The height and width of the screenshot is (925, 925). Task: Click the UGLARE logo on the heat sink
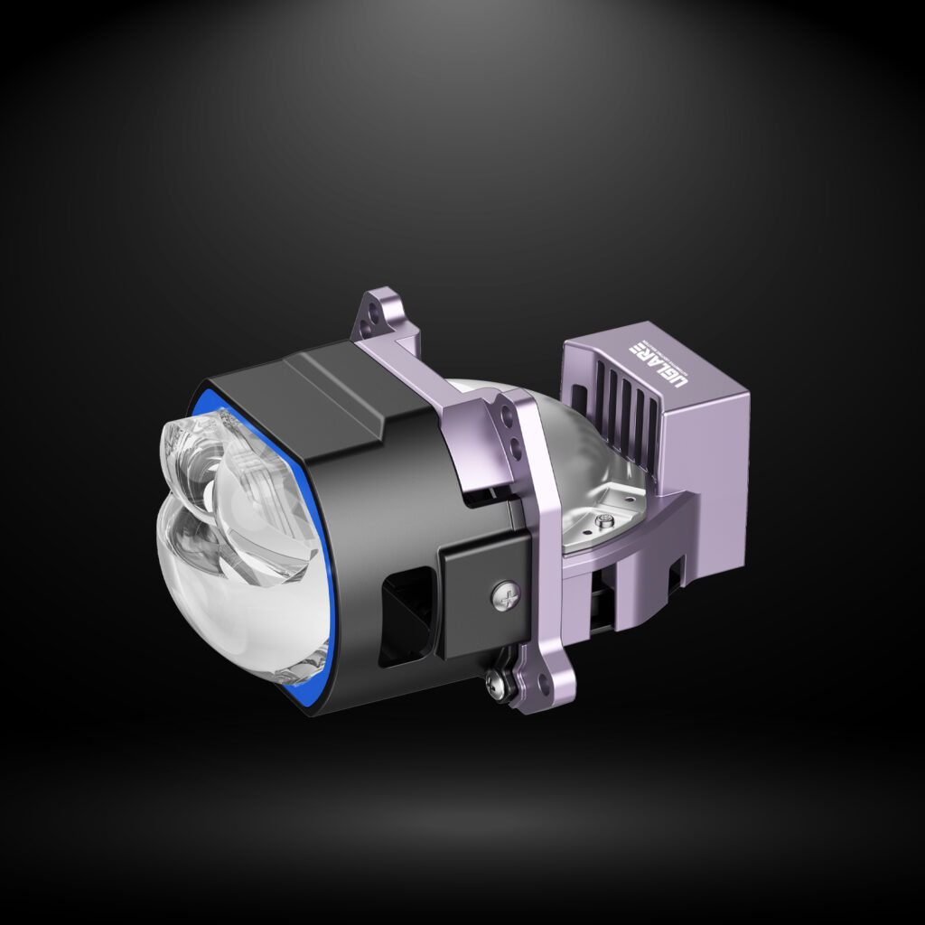click(658, 363)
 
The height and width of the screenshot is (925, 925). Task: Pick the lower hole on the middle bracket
click(515, 447)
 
